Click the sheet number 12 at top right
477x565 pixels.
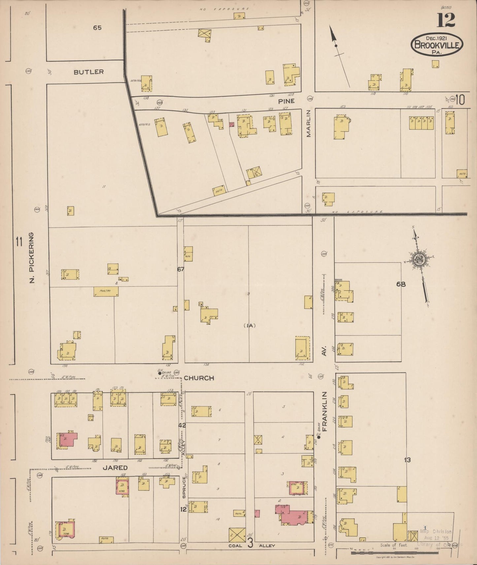pos(446,20)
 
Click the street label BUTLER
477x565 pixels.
pos(88,72)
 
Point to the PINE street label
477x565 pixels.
pos(286,101)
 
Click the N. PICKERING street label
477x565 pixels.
pos(32,258)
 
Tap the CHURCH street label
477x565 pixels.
pos(199,378)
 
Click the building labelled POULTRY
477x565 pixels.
pos(106,291)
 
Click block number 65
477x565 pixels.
pos(97,28)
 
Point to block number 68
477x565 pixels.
pos(401,284)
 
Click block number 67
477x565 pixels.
pos(180,269)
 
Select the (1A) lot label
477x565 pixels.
pos(250,325)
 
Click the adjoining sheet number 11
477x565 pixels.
pos(18,242)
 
